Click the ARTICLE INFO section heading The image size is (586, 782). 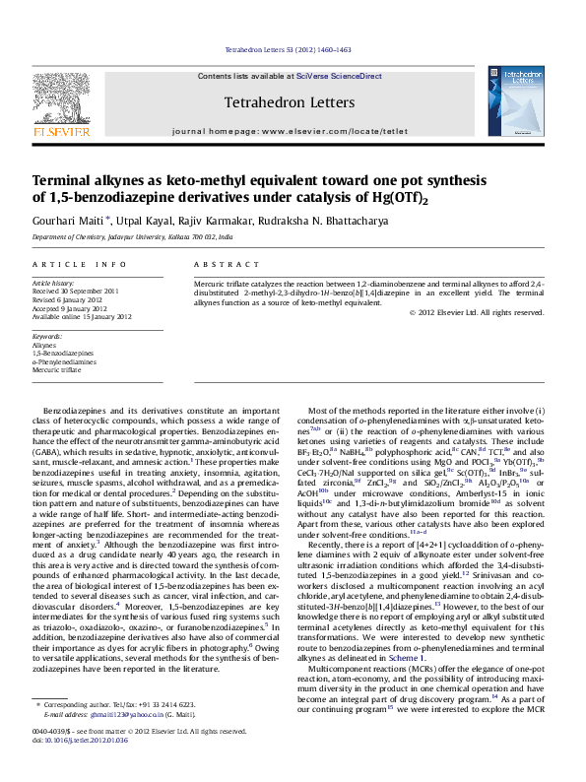(x=80, y=265)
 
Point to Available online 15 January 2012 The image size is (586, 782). (x=82, y=316)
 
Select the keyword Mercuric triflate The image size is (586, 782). (x=57, y=369)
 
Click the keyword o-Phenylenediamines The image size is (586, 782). (x=64, y=361)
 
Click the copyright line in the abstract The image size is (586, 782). (x=477, y=312)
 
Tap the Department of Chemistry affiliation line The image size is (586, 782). (x=133, y=238)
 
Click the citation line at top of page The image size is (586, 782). (x=289, y=48)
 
